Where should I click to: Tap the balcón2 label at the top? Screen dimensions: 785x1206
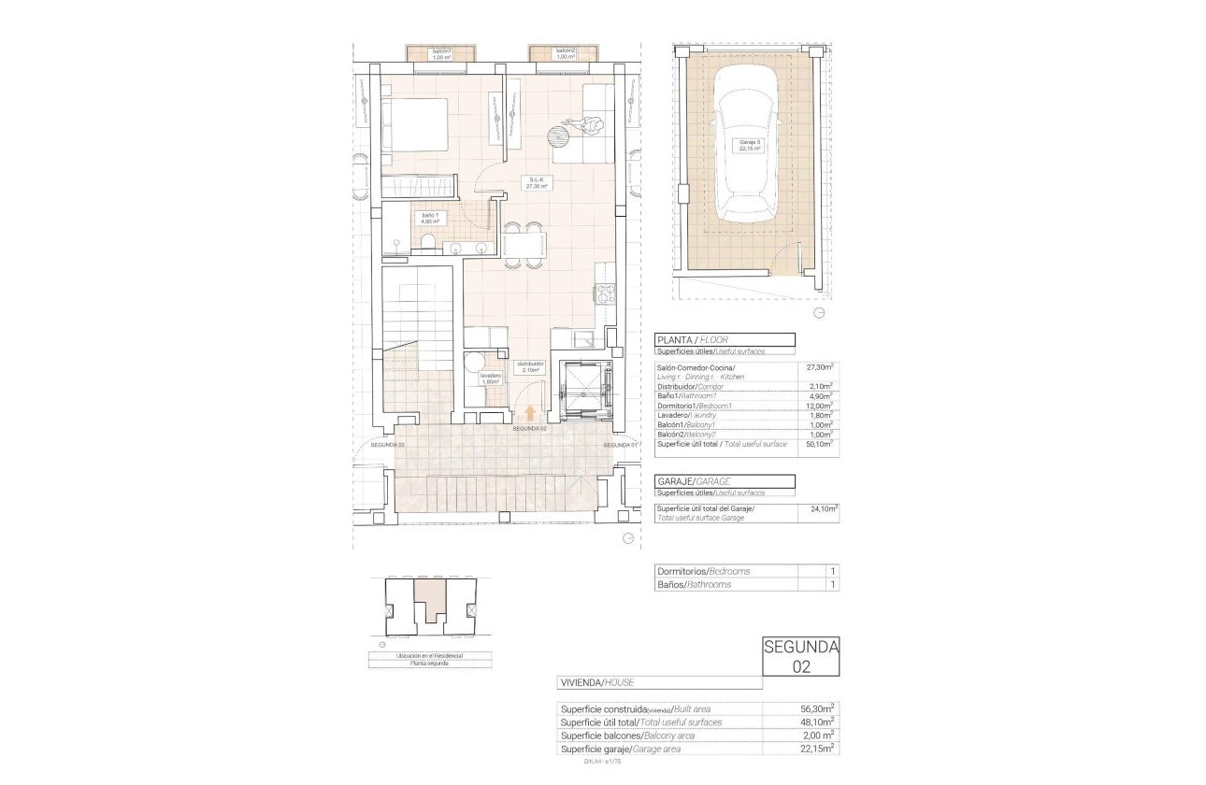click(x=565, y=53)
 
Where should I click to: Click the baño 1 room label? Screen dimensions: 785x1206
click(x=430, y=219)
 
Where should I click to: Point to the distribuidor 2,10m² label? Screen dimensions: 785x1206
click(x=530, y=366)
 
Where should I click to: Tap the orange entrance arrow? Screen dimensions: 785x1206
click(x=530, y=413)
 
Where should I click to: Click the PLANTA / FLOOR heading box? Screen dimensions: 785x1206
click(x=725, y=340)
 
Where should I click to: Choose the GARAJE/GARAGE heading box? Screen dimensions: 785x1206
click(x=725, y=481)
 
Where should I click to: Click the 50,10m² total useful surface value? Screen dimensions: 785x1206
click(x=822, y=444)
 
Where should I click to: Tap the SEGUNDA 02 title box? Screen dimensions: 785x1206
click(x=801, y=656)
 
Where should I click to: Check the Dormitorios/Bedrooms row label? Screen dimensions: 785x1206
click(x=703, y=571)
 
